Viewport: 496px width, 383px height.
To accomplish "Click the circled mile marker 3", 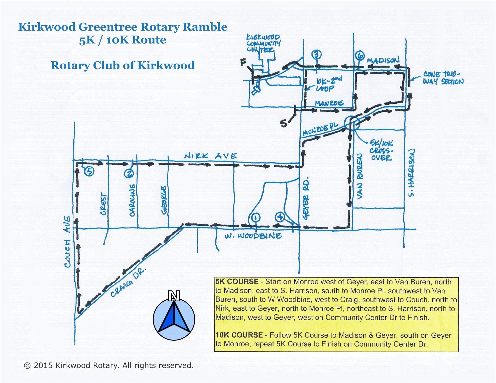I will point(317,55).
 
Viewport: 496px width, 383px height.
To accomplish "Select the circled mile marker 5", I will point(89,171).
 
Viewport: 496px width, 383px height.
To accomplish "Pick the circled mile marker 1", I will point(255,218).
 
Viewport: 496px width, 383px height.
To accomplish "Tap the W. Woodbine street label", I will point(253,236).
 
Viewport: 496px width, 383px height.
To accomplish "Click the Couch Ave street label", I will point(68,242).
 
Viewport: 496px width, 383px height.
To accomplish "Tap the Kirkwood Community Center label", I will point(263,43).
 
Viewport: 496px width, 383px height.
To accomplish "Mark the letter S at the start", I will point(283,123).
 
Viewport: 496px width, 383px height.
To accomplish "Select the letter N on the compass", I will point(174,296).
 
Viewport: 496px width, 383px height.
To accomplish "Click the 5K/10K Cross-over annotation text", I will point(381,150).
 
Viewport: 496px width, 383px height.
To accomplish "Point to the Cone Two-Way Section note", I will point(443,78).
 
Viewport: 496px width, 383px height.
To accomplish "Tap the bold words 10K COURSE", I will point(239,335).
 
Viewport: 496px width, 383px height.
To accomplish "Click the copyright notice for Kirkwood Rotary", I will point(109,365).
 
